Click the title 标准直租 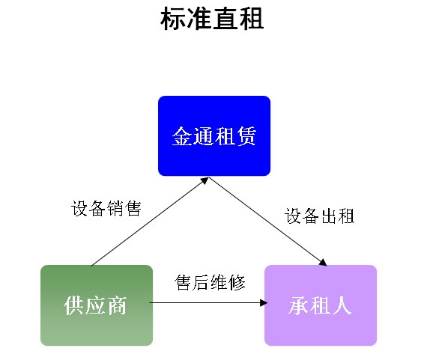212,19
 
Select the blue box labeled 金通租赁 214,135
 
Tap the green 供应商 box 97,305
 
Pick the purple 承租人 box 321,305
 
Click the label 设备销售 106,208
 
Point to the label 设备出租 319,216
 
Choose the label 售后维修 210,282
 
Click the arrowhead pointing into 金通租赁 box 205,180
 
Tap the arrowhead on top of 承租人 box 323,262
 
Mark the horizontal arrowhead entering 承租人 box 264,303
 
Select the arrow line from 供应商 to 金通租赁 150,222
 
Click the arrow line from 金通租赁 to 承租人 268,222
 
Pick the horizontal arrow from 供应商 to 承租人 208,303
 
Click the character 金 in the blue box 182,135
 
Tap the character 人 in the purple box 342,305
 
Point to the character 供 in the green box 73,305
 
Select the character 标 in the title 173,19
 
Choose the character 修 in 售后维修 237,282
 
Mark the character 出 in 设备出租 329,216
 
